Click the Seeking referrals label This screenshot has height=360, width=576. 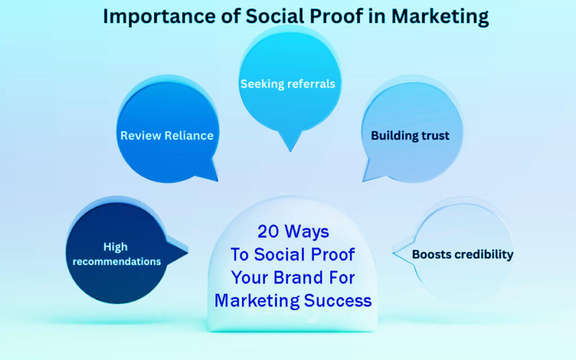288,84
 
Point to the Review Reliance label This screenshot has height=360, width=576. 167,136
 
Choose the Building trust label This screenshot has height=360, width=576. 410,136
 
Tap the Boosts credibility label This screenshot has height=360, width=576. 462,254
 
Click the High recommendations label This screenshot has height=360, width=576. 116,254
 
